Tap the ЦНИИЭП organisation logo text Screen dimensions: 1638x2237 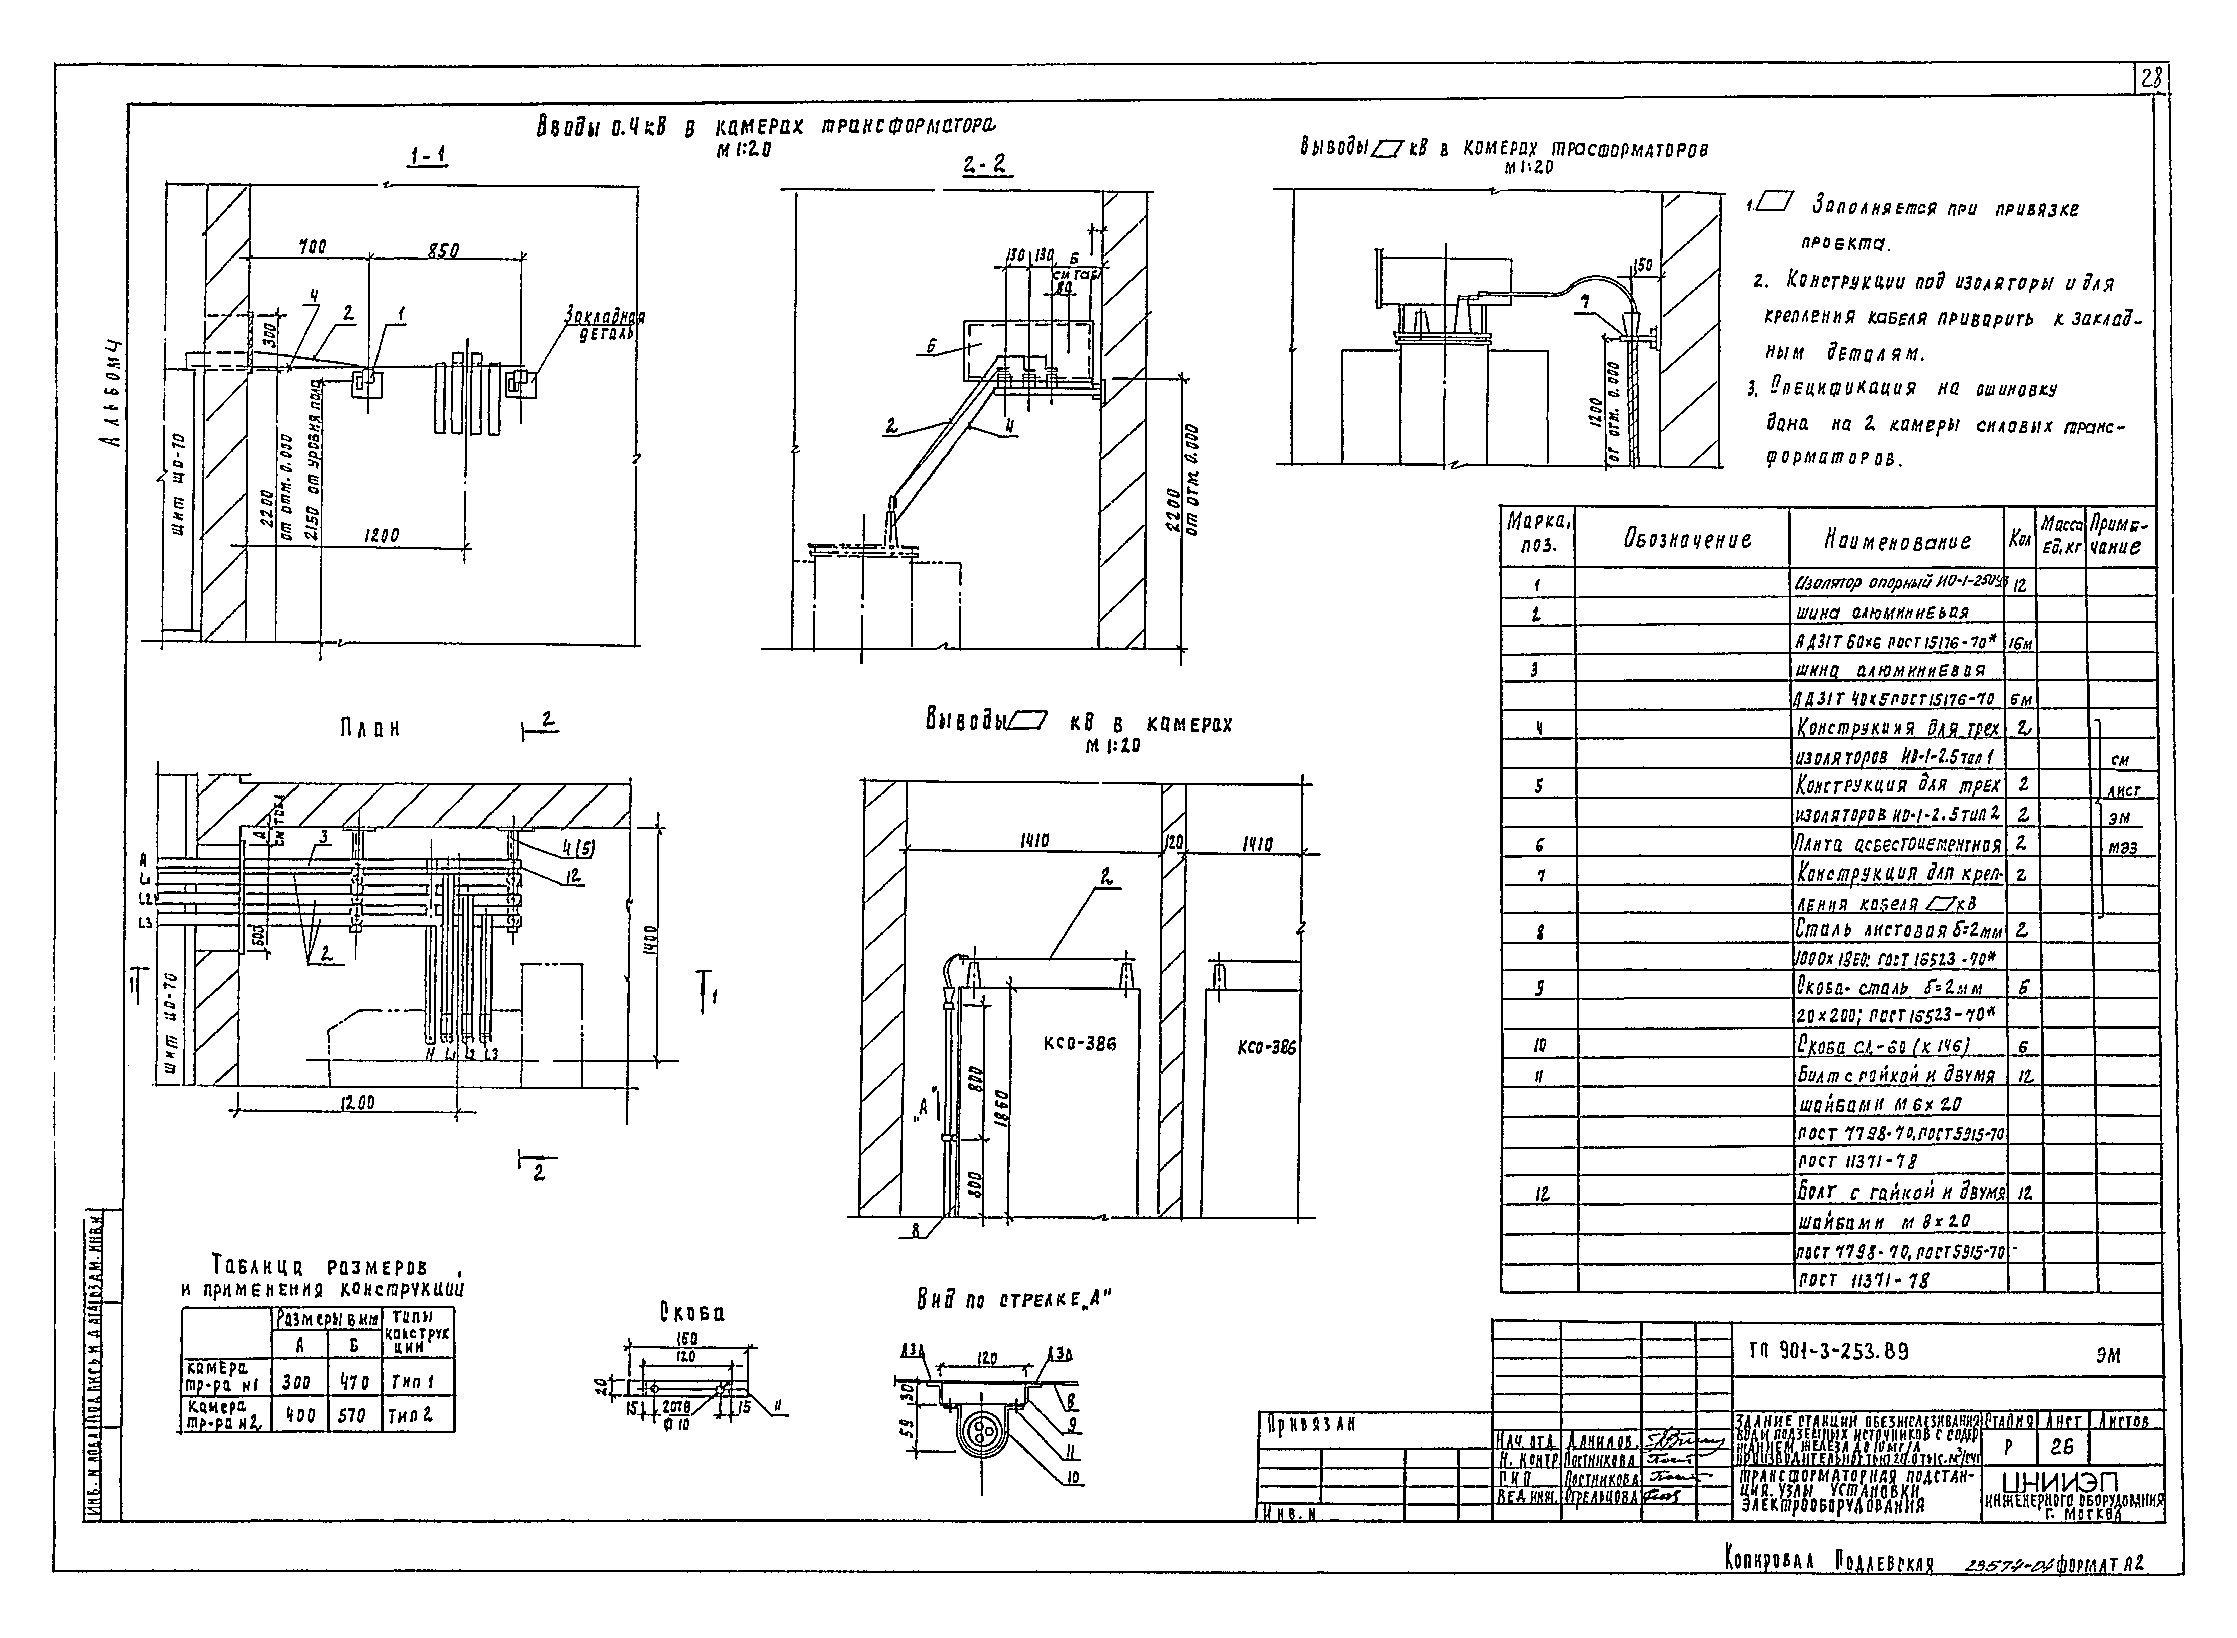click(2071, 1483)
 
